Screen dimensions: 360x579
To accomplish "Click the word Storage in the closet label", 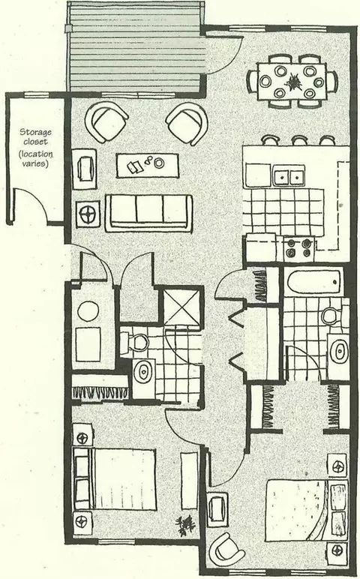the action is (x=35, y=132).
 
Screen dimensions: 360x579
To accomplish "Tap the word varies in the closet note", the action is (x=35, y=163).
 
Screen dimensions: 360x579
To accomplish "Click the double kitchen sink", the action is (x=289, y=177).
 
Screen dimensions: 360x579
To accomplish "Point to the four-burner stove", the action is (x=299, y=248).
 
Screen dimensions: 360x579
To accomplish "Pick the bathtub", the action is (x=313, y=283).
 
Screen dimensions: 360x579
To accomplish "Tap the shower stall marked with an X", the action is (x=181, y=307).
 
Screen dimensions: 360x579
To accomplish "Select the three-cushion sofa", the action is (x=148, y=213).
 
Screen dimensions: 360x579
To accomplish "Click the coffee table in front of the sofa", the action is (x=147, y=166).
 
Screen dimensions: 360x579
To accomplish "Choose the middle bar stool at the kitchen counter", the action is (x=299, y=140).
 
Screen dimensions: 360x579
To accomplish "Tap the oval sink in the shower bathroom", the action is (x=143, y=372).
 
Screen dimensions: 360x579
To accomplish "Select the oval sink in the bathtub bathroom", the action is (x=339, y=351).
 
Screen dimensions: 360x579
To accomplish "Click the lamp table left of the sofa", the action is (x=88, y=213).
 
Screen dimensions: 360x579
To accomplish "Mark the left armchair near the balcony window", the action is (x=106, y=122).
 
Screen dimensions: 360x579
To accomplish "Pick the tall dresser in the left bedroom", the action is (x=190, y=481).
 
